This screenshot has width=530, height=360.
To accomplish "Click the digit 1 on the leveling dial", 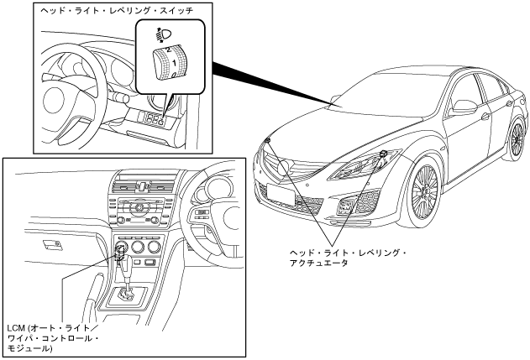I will click(173, 63).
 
